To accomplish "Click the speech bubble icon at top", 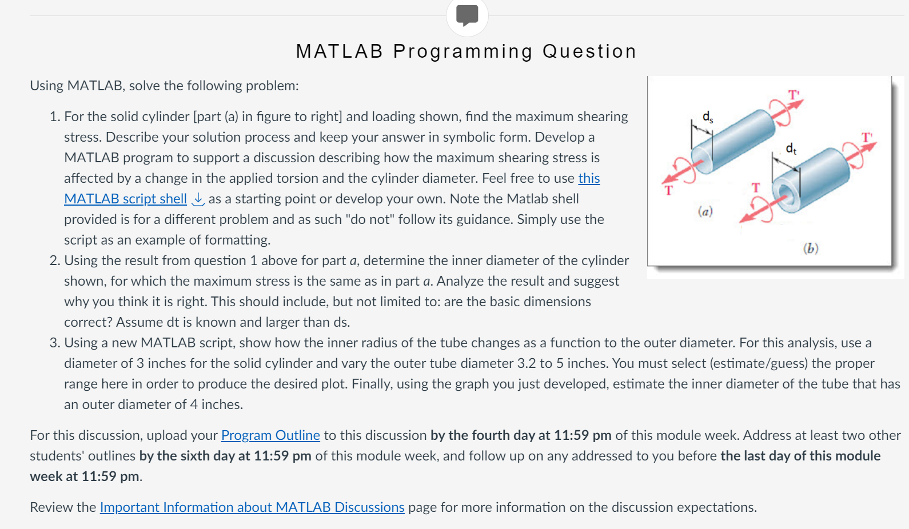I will tap(467, 15).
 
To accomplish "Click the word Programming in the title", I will tap(463, 51).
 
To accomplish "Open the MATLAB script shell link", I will tap(125, 199).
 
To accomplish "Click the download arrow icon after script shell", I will tap(198, 199).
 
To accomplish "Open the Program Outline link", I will tap(270, 435).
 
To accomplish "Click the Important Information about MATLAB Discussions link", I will tap(252, 507).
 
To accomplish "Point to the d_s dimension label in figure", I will tap(708, 117).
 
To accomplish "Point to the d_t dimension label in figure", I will tap(791, 149).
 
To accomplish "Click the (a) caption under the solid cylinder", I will tap(705, 211).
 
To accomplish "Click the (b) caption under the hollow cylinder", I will tap(810, 248).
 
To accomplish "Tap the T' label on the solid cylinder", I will tap(794, 94).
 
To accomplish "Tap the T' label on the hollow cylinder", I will tap(867, 137).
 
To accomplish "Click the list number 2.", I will tap(55, 261).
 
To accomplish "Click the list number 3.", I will tap(55, 343).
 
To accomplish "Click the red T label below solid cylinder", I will tap(668, 190).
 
